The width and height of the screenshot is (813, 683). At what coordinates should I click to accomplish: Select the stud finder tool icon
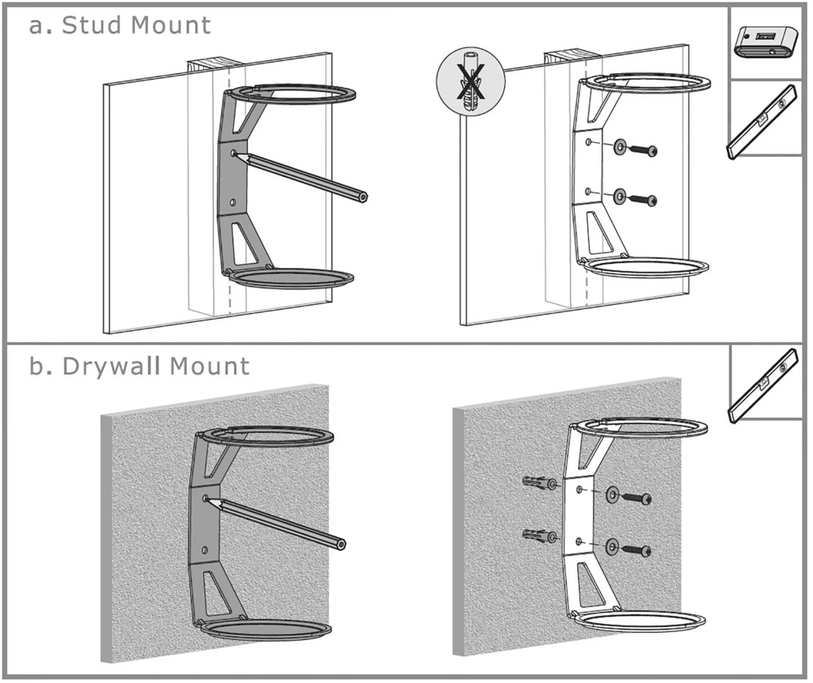[766, 43]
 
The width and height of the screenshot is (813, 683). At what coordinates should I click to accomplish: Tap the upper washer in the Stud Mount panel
[622, 147]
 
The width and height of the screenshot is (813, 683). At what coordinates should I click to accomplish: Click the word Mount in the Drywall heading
[211, 366]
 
